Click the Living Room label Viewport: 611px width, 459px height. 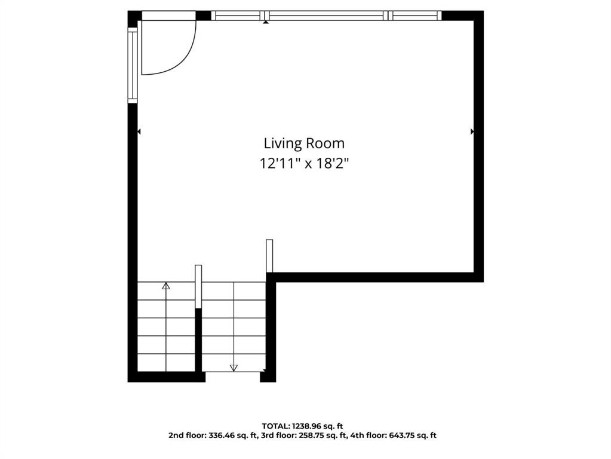click(x=304, y=144)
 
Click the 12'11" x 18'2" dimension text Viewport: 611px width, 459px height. click(x=304, y=163)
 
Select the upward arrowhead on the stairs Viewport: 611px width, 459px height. click(x=166, y=286)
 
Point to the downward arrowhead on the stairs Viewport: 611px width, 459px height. click(x=234, y=368)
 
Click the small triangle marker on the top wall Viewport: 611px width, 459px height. click(x=266, y=22)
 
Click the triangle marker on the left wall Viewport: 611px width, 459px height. click(x=139, y=132)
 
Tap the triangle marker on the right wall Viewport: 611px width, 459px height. click(x=472, y=132)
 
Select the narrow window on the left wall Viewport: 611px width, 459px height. click(x=133, y=65)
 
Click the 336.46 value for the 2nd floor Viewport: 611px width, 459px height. click(x=222, y=435)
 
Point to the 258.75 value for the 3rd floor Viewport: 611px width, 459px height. click(x=309, y=435)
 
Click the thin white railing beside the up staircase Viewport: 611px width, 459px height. click(x=198, y=287)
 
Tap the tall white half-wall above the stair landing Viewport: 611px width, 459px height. click(x=269, y=256)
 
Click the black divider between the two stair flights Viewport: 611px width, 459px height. click(x=198, y=340)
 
